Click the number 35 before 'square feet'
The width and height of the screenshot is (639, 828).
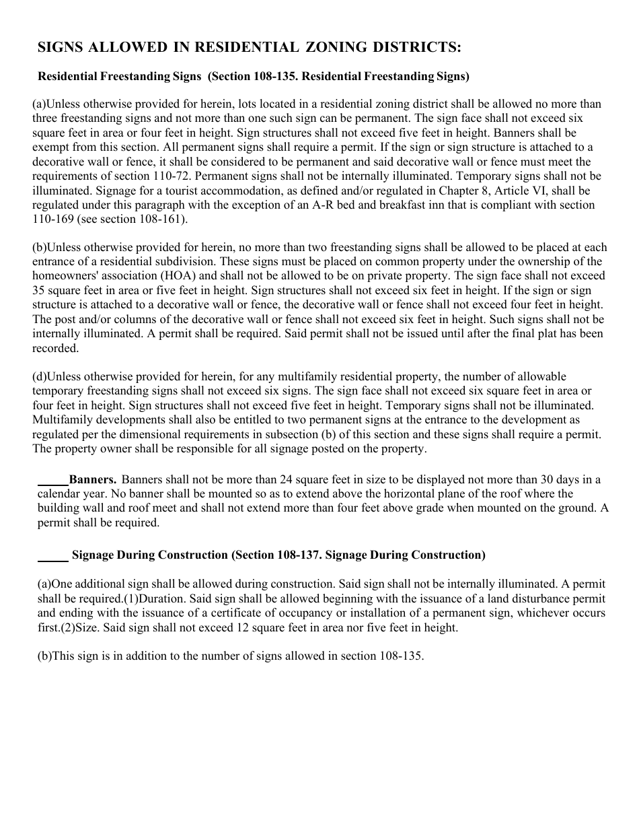38,290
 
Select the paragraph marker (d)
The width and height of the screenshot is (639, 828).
39,376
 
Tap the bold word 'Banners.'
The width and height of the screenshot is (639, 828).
93,479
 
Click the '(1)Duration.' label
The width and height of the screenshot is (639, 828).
153,598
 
